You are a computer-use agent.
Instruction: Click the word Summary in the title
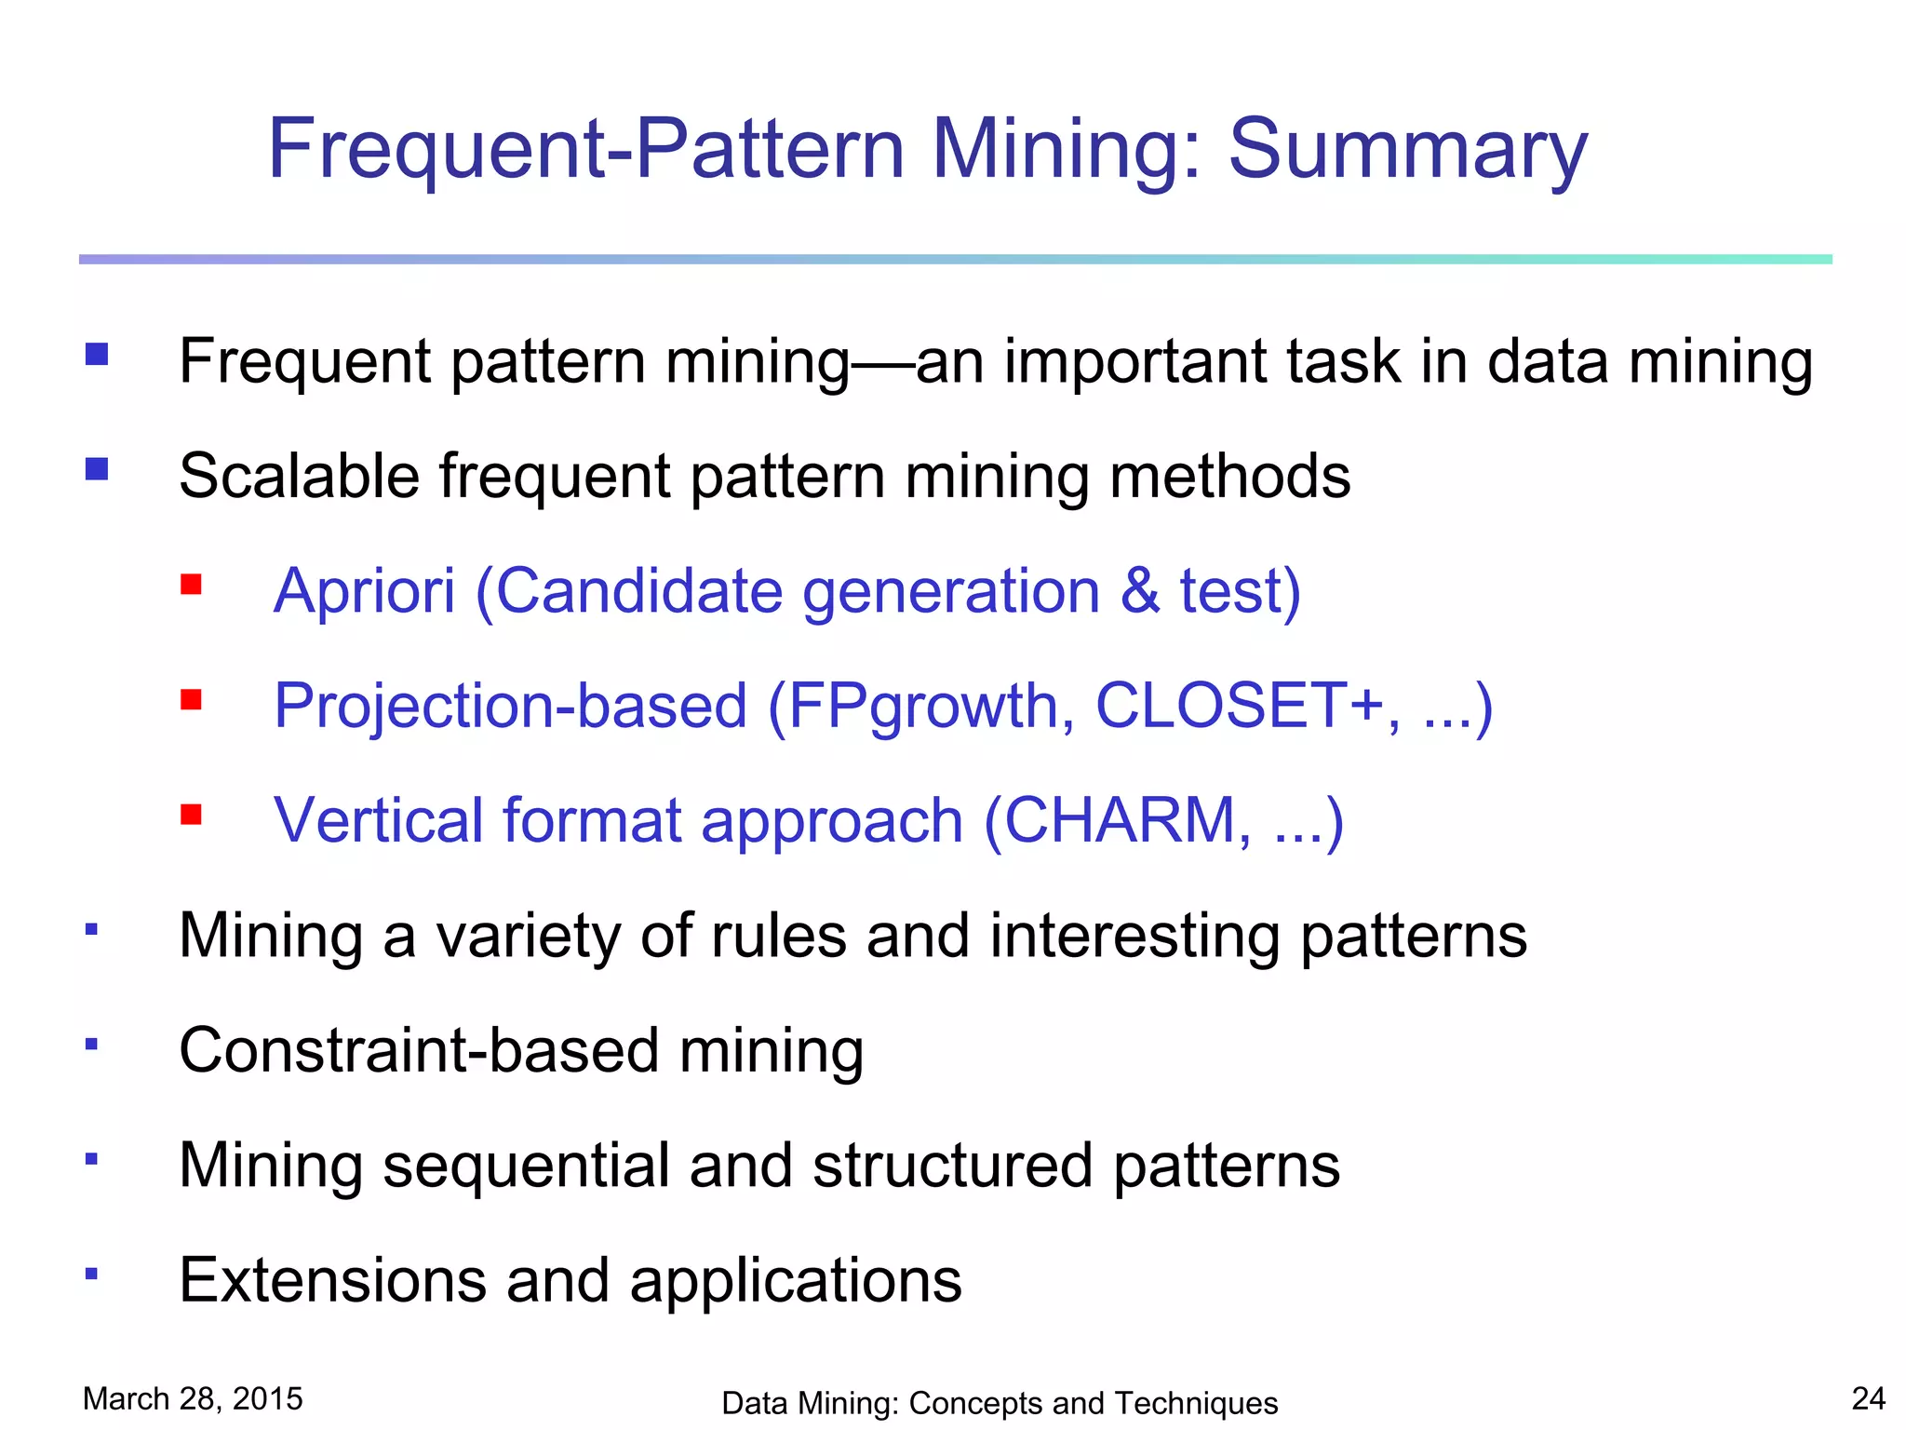pyautogui.click(x=1407, y=151)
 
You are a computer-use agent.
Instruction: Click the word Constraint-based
pyautogui.click(x=419, y=1050)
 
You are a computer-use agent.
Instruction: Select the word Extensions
pyautogui.click(x=332, y=1280)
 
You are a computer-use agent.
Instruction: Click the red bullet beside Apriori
pyautogui.click(x=192, y=585)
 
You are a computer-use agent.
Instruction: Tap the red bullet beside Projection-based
pyautogui.click(x=192, y=699)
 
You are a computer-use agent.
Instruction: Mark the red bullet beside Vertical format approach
pyautogui.click(x=192, y=815)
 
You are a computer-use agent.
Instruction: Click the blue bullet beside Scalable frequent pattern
pyautogui.click(x=97, y=468)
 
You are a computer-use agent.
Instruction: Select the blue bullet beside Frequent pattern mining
pyautogui.click(x=97, y=354)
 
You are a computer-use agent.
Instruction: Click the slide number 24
pyautogui.click(x=1868, y=1398)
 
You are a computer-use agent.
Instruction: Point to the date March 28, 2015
pyautogui.click(x=193, y=1398)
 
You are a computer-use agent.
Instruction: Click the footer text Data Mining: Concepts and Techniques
pyautogui.click(x=1000, y=1403)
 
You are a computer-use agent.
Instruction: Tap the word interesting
pyautogui.click(x=1134, y=936)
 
